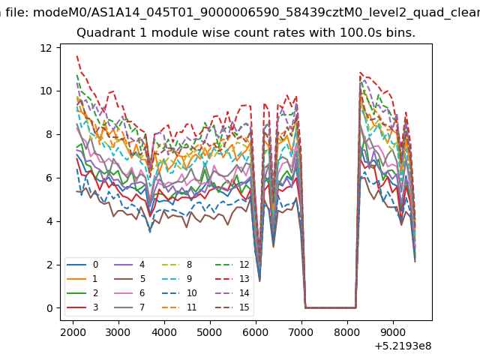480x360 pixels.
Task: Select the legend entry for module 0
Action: point(82,265)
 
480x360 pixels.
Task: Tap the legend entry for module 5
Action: point(130,278)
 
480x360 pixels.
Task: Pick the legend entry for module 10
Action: point(179,293)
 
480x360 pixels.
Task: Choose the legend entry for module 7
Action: point(130,307)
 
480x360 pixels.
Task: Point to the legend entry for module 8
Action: point(177,265)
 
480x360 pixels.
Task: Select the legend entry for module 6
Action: point(130,293)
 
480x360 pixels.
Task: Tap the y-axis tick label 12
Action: point(46,48)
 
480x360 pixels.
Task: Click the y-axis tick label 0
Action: point(49,308)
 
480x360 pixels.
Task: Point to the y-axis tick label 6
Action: point(49,178)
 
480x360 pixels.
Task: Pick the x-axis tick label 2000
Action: point(73,332)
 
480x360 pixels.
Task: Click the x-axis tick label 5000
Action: point(210,332)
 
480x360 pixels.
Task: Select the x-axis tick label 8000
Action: point(347,332)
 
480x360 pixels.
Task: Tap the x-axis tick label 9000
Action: point(393,332)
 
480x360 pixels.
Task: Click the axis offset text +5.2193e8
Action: point(403,346)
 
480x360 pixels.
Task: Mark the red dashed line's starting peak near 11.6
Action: point(77,56)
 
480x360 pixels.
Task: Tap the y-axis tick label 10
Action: point(46,91)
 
